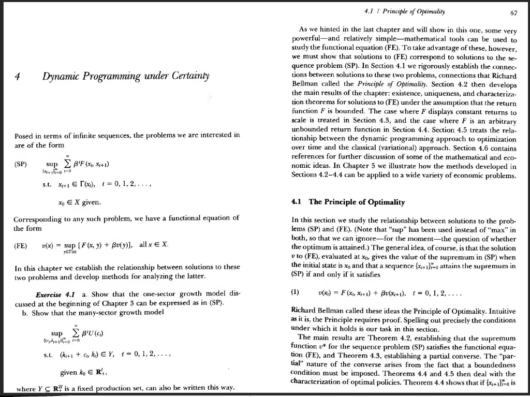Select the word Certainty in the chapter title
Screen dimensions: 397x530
pyautogui.click(x=187, y=77)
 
